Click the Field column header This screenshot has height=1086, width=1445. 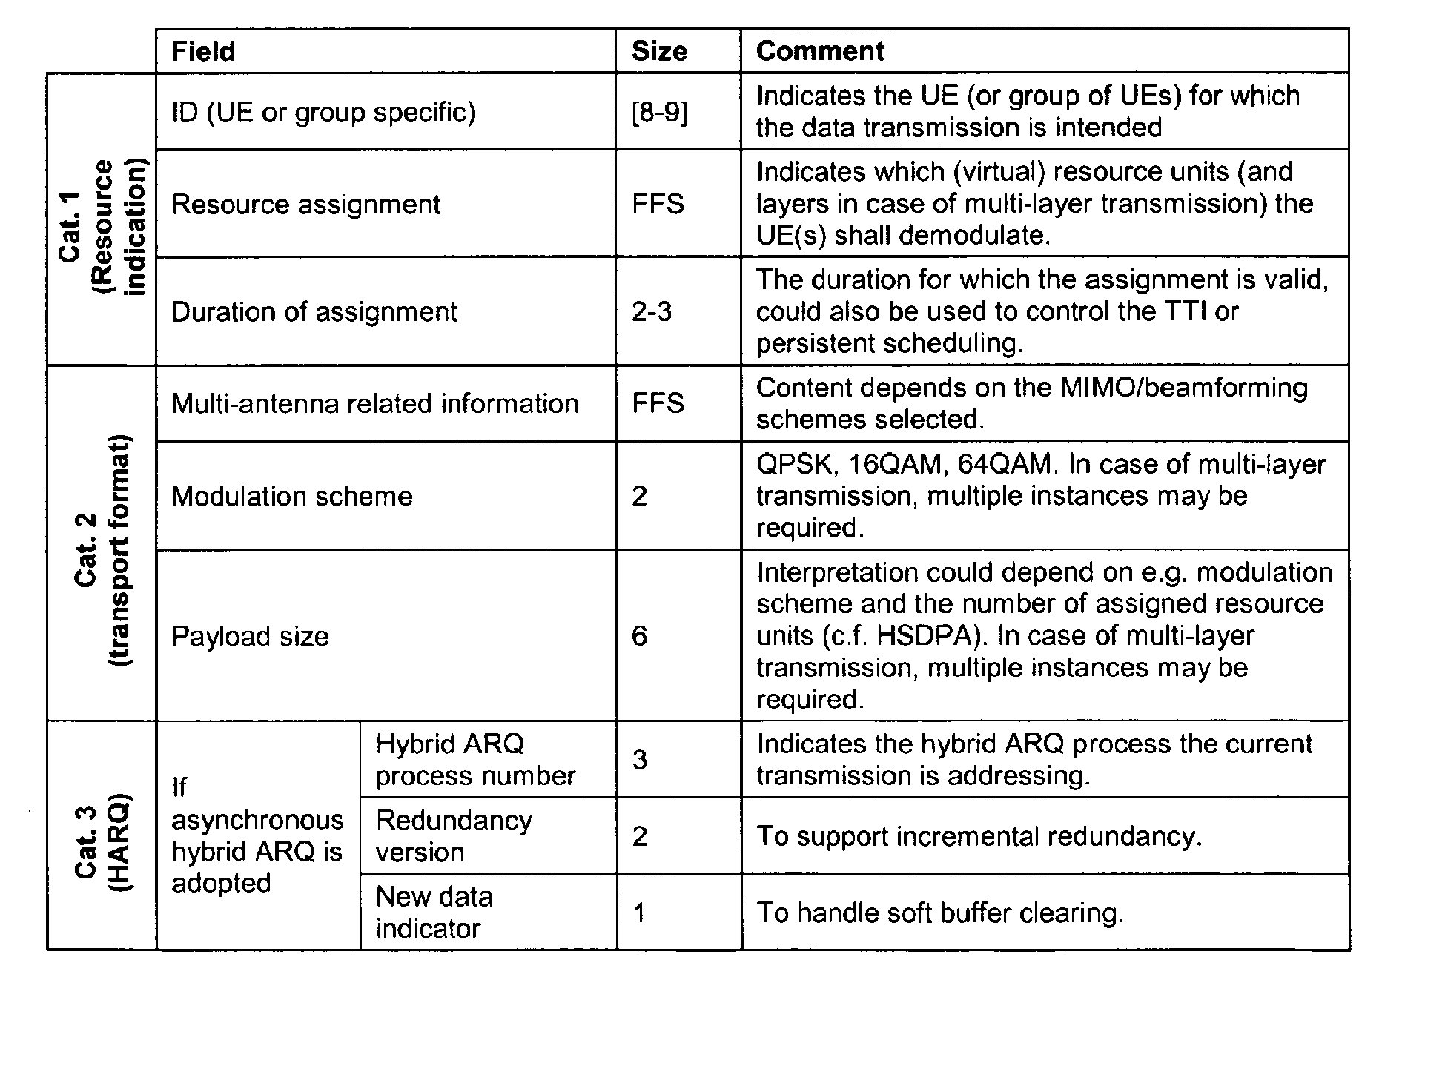click(203, 51)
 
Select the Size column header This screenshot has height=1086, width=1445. click(659, 51)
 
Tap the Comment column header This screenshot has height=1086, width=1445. click(820, 51)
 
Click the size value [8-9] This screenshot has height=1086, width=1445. click(659, 113)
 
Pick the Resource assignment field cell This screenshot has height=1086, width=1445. click(305, 204)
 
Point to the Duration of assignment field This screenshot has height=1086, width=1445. click(314, 311)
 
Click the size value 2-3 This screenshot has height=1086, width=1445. click(652, 311)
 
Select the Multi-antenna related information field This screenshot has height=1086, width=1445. click(374, 403)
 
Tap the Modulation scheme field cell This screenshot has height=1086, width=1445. click(291, 496)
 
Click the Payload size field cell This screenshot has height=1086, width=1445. click(250, 636)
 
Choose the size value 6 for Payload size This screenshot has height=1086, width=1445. click(639, 636)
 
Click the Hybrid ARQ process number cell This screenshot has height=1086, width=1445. click(474, 760)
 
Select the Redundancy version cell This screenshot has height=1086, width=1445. click(453, 836)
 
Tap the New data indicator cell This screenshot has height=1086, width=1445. click(434, 913)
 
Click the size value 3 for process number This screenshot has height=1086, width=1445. click(640, 760)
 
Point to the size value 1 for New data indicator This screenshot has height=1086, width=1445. click(639, 913)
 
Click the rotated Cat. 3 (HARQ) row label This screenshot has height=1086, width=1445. click(102, 835)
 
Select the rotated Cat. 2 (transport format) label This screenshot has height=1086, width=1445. click(102, 549)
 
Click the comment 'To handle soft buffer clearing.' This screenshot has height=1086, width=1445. click(939, 913)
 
